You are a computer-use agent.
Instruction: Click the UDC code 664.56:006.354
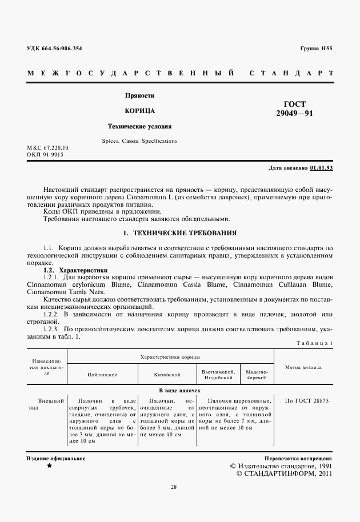click(x=54, y=49)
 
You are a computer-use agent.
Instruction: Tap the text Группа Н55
click(x=316, y=49)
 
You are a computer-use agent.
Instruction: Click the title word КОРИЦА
click(x=140, y=110)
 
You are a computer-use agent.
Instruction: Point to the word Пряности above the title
click(x=140, y=95)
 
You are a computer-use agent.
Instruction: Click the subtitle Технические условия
click(x=140, y=126)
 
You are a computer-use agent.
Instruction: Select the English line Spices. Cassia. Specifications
click(x=140, y=140)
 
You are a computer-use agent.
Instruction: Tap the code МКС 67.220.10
click(x=47, y=148)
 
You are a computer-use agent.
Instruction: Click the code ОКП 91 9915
click(x=45, y=155)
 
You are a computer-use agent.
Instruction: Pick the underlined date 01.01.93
click(x=321, y=168)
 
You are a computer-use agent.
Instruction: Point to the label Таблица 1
click(x=314, y=342)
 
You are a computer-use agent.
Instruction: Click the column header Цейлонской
click(x=102, y=375)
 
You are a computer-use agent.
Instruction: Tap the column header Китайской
click(x=167, y=375)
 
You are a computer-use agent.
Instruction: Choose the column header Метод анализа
click(x=303, y=368)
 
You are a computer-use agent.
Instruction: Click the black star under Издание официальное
click(x=49, y=466)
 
